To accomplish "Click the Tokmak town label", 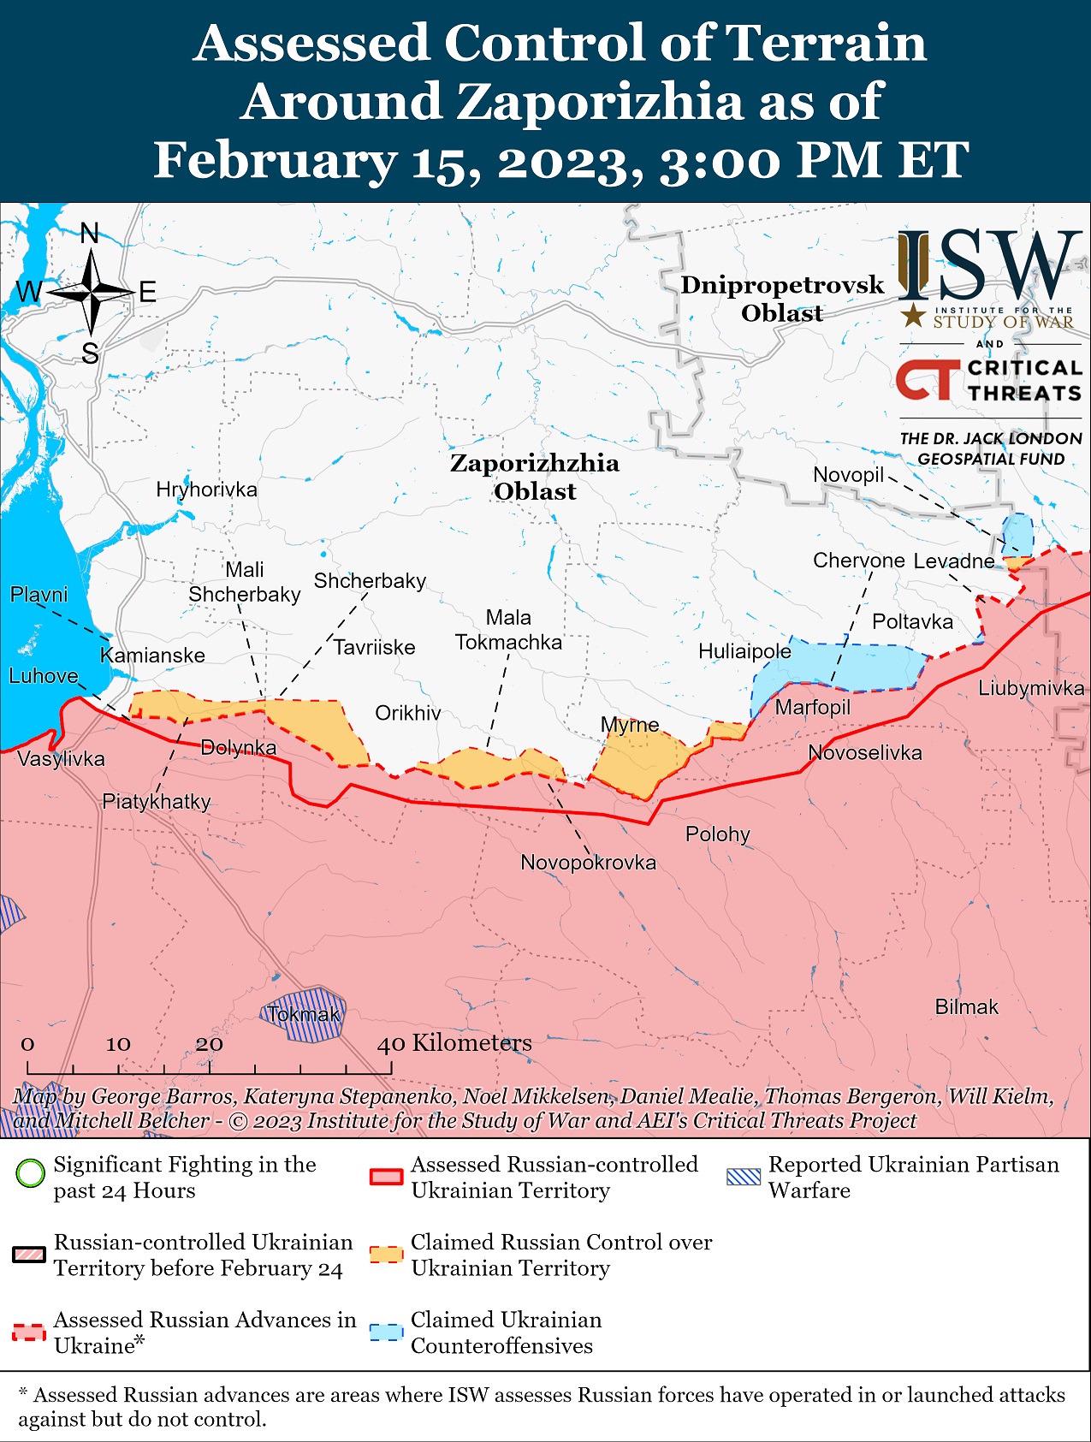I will [x=304, y=1014].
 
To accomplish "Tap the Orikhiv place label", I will [x=408, y=713].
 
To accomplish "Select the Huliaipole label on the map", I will [x=744, y=651].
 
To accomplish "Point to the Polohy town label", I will [x=717, y=834].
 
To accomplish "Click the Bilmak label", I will [x=966, y=1006].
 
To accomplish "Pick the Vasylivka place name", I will [x=61, y=758].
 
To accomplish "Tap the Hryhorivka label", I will [x=206, y=490].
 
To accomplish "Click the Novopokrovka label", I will [x=588, y=862].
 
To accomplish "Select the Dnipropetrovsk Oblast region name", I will [x=781, y=299].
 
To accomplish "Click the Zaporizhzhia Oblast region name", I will [x=535, y=477].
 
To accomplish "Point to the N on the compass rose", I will [x=90, y=233].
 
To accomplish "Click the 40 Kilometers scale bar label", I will [x=454, y=1042].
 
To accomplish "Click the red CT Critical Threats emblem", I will [x=927, y=379].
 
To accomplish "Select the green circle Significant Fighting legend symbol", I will [x=30, y=1172].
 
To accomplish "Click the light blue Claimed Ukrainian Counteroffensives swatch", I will [x=385, y=1332].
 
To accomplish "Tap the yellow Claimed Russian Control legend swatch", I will [x=385, y=1255].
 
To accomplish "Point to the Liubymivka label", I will [x=1030, y=688].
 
